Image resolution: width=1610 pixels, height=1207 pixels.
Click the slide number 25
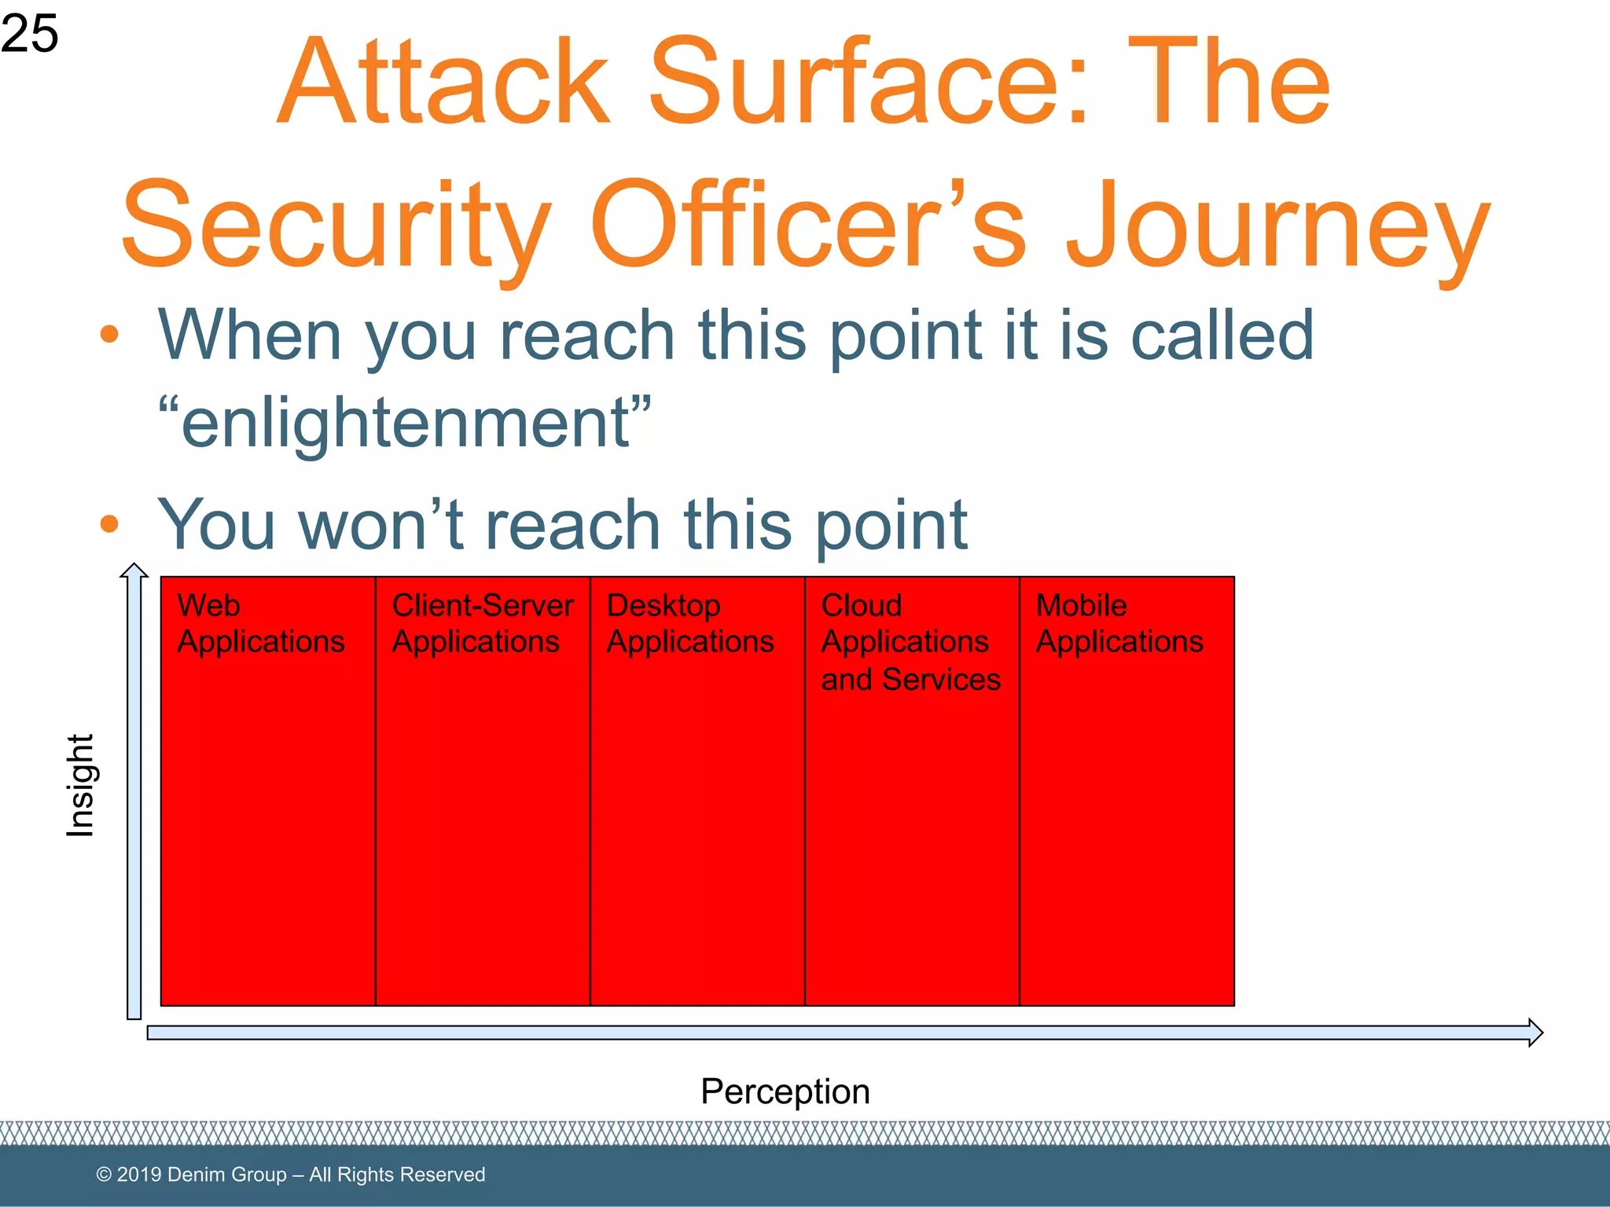pos(30,34)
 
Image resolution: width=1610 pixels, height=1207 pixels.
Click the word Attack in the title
pos(444,82)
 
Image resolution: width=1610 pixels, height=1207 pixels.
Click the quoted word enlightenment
pos(405,423)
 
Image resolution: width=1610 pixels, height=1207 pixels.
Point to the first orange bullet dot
pos(109,334)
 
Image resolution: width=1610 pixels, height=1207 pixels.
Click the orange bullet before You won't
pos(109,523)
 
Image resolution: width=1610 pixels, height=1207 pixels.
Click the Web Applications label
pos(260,623)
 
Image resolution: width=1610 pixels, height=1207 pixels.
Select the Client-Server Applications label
pos(482,623)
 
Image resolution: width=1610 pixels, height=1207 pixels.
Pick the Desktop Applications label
pos(689,623)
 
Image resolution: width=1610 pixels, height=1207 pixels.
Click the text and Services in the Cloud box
pos(910,679)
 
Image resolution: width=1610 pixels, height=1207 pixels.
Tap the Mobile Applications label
pos(1119,623)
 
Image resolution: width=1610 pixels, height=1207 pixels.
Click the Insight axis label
pos(80,786)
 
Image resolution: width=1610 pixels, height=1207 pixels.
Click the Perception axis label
pos(785,1091)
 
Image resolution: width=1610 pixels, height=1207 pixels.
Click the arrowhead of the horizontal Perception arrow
pos(1535,1032)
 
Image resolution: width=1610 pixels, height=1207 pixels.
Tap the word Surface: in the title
pos(869,82)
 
